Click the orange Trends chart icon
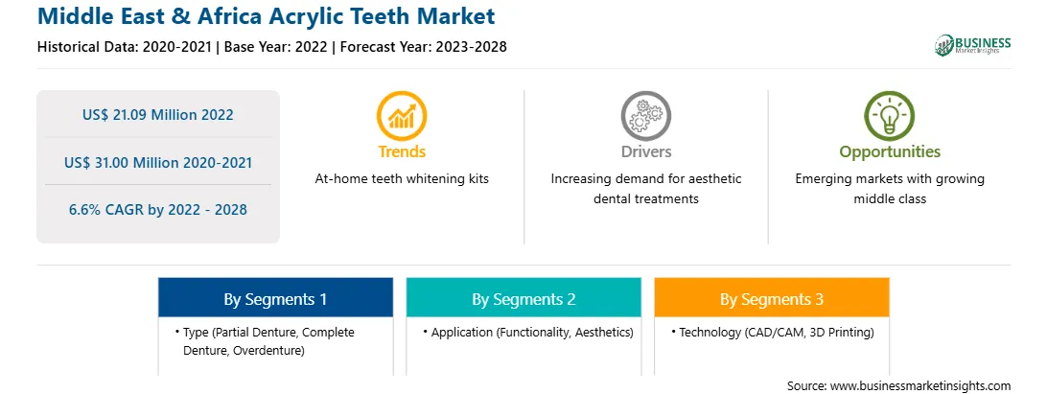tap(402, 116)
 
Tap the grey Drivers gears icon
tap(645, 116)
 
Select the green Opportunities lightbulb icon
tap(890, 116)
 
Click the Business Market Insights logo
tap(973, 45)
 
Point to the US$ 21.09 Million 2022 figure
tap(158, 115)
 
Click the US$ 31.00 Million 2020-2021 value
tap(158, 162)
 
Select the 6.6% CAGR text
tap(158, 210)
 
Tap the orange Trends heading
tap(402, 151)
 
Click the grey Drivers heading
tap(645, 151)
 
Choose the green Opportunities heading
tap(890, 152)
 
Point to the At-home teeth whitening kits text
tap(402, 179)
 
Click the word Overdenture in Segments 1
tap(268, 350)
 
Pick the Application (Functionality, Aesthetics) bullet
tap(528, 332)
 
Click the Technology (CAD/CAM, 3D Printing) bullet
tap(773, 332)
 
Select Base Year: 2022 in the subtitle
tap(275, 47)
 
